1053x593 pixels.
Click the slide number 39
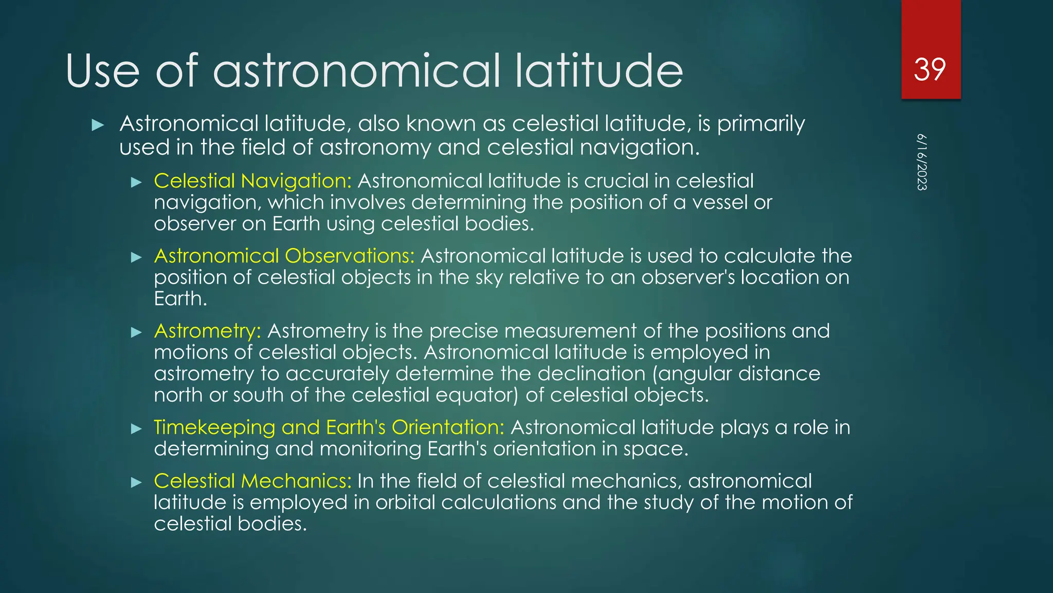(930, 69)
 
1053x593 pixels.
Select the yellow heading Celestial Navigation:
(252, 181)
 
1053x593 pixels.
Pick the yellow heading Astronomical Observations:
(284, 256)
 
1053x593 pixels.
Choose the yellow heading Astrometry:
(207, 331)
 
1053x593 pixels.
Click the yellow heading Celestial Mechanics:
(252, 481)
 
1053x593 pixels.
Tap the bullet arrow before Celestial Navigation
(136, 182)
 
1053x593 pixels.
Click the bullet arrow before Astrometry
(136, 332)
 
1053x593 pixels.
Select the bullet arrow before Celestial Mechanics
(136, 482)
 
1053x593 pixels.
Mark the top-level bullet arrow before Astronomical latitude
(98, 125)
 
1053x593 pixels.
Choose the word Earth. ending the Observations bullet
(180, 299)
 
